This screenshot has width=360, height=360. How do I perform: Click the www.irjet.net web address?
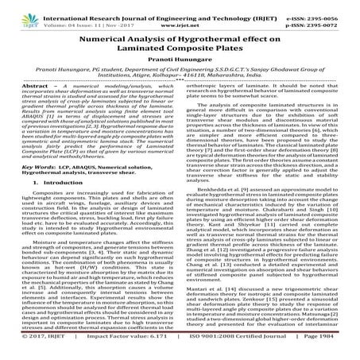(180, 16)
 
